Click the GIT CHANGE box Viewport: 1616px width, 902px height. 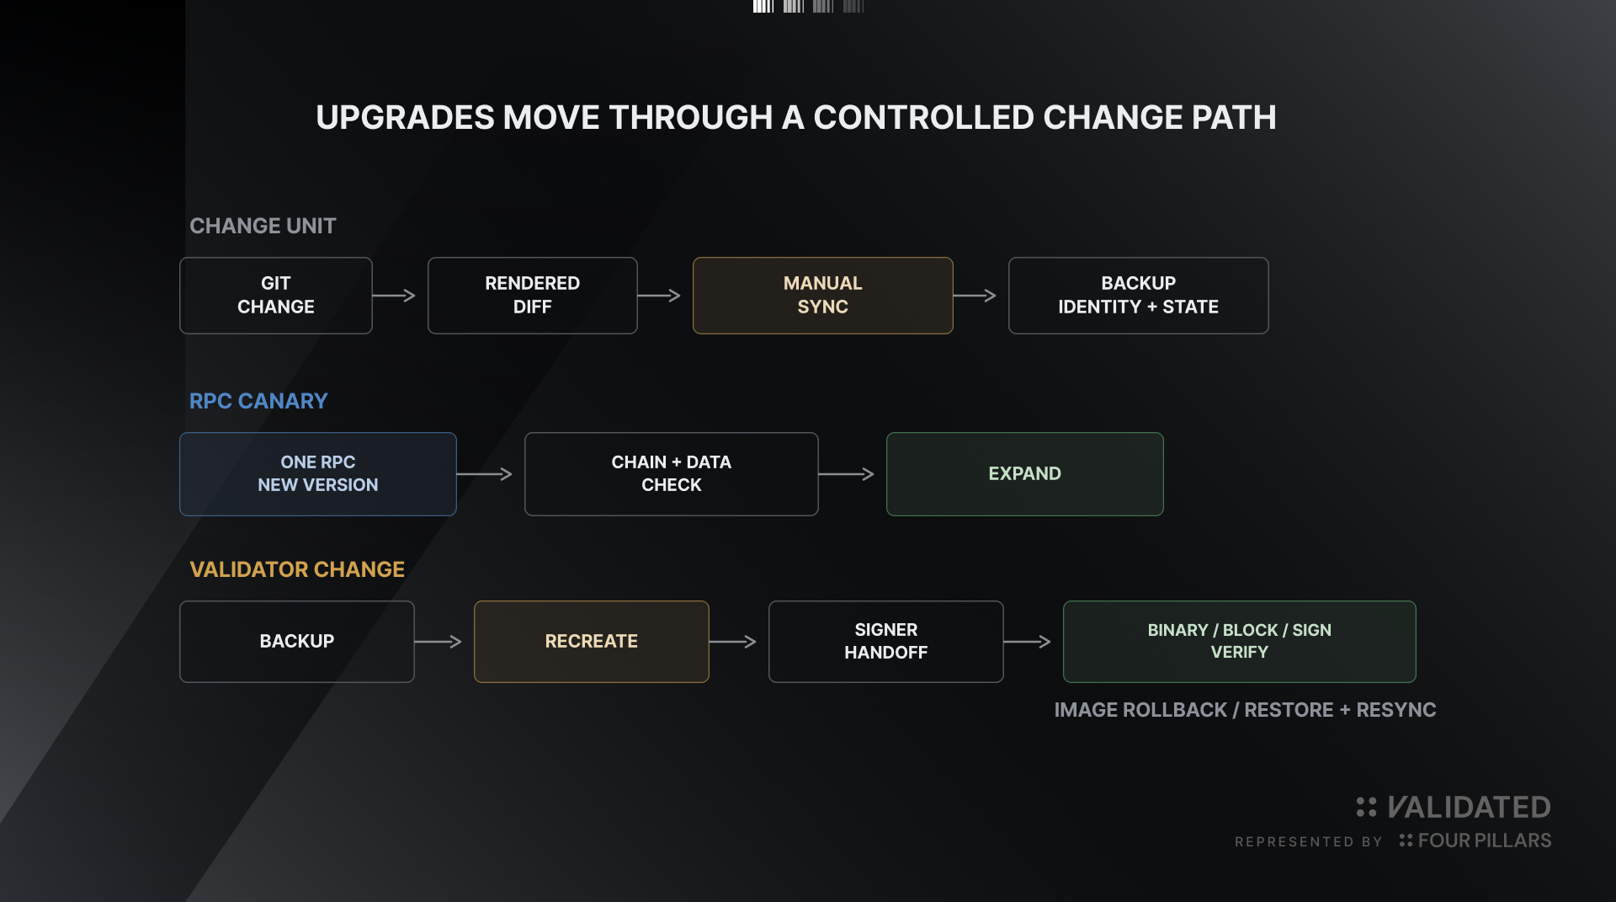[276, 296]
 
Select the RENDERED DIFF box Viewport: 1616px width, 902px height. [533, 296]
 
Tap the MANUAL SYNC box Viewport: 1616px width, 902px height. [823, 296]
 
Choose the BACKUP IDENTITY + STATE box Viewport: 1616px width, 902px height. [1139, 296]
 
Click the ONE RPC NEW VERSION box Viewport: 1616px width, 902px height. [318, 474]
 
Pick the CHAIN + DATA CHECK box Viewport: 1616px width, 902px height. [672, 474]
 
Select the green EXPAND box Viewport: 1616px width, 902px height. [1025, 474]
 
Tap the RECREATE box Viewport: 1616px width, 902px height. [592, 642]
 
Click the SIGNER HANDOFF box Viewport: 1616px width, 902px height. [886, 642]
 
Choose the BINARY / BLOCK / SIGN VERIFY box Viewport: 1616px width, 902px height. [1240, 642]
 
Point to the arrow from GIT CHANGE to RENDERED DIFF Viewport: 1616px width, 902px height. [394, 296]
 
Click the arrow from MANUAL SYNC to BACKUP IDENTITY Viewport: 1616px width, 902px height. [975, 296]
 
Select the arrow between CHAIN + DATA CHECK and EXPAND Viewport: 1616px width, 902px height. [846, 474]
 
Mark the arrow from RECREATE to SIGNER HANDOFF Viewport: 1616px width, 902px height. [732, 642]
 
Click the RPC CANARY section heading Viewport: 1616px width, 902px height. [258, 401]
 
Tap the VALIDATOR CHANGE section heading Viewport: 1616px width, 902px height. [297, 569]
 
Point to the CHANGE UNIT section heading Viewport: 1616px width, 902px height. [263, 226]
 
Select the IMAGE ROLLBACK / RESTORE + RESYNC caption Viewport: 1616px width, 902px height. [1246, 710]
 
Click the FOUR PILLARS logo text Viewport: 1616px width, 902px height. [1485, 841]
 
